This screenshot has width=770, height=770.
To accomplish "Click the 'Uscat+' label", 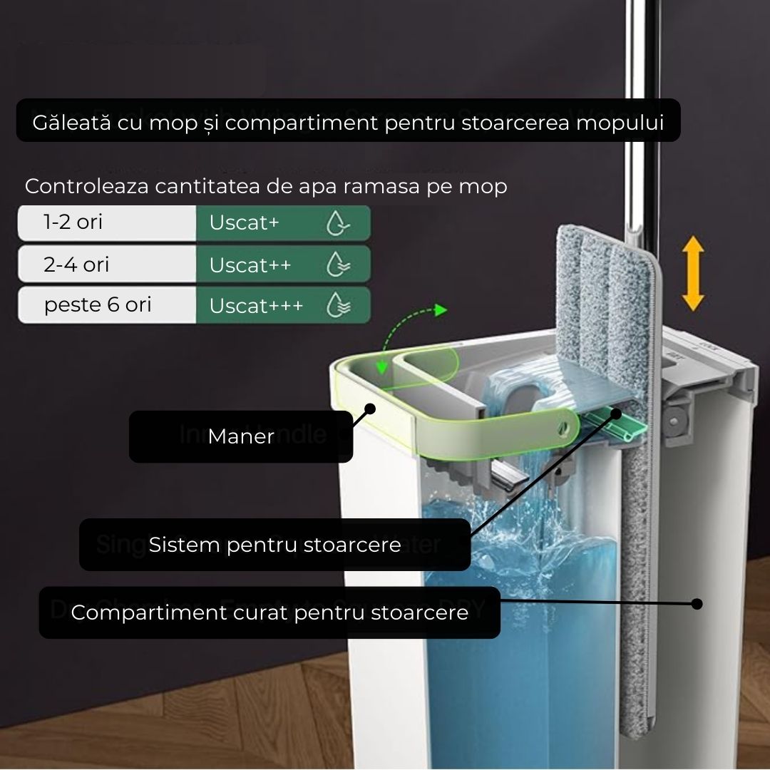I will click(x=244, y=222).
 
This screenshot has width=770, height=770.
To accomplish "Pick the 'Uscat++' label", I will click(x=250, y=265).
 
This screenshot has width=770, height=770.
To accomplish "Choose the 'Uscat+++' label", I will click(x=256, y=306).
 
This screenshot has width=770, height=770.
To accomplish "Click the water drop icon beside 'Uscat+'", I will click(x=337, y=223).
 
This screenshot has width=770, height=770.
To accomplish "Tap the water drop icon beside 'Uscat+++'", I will click(x=337, y=306).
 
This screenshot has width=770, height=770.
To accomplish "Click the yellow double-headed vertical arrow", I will click(x=692, y=274).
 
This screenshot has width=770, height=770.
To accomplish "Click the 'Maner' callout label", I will click(x=241, y=436).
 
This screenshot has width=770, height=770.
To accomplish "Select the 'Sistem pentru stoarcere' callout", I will click(x=274, y=545).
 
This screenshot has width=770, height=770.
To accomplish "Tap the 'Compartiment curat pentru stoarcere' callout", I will click(x=269, y=612).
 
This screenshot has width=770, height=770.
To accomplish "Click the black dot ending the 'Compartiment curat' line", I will click(x=697, y=604).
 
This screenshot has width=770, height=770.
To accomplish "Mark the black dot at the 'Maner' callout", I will click(x=369, y=409).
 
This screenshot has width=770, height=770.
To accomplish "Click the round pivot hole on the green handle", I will click(x=562, y=428).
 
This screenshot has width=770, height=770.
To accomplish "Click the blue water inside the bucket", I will click(x=520, y=642).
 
